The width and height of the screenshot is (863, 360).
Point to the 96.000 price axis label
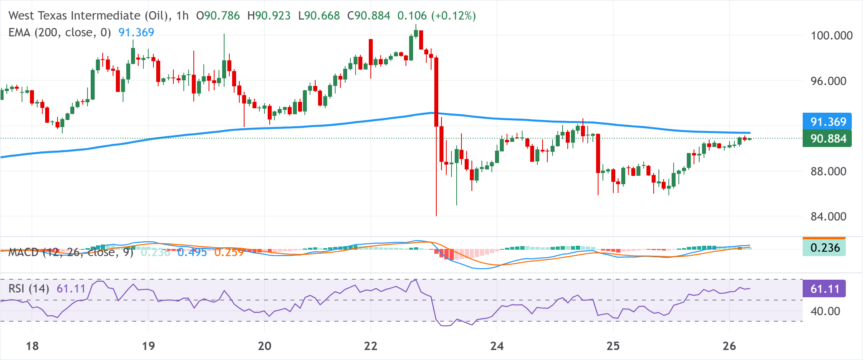point(828,81)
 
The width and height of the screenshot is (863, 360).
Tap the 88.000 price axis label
point(828,171)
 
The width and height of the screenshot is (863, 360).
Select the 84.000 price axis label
point(828,217)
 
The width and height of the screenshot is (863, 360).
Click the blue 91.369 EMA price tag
point(827,122)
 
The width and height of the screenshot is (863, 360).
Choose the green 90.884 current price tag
point(827,139)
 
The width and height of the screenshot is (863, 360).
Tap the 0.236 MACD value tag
point(825,248)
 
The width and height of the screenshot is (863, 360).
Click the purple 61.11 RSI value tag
point(825,289)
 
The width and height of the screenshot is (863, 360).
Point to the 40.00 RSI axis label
point(825,311)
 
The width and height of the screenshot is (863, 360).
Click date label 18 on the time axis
point(32,346)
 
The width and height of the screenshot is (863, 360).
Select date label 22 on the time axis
point(371,346)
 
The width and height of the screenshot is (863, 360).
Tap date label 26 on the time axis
point(729,346)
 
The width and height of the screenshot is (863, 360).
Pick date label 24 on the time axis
point(497,346)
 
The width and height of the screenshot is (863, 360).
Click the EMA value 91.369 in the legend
point(136,32)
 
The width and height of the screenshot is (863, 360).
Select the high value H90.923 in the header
point(269,16)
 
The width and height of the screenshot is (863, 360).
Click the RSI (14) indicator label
point(29,288)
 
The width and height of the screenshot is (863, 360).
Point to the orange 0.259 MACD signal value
point(229,253)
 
